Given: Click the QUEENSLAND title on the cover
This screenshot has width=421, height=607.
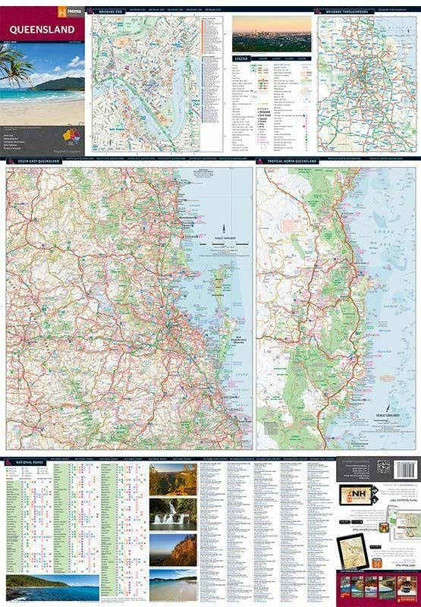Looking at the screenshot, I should point(43,30).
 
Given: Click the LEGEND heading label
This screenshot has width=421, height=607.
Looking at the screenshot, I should point(241,58).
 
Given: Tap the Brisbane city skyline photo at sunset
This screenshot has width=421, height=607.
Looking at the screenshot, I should point(272,33).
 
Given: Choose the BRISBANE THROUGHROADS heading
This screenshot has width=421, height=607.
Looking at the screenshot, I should point(347,12).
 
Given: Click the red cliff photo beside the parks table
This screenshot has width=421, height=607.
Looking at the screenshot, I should point(173,549).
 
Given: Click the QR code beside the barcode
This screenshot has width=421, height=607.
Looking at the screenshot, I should point(383,467).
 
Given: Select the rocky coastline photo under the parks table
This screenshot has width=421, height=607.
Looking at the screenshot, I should point(52,587).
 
